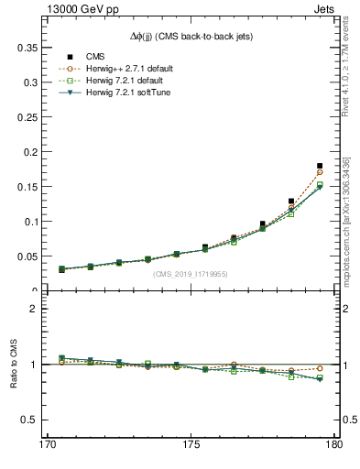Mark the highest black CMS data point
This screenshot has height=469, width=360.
(320, 166)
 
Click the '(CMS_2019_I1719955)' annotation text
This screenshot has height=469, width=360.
(190, 273)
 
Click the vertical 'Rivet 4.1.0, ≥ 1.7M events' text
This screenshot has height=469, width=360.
(347, 64)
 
